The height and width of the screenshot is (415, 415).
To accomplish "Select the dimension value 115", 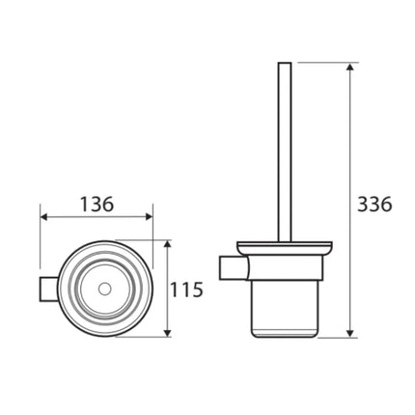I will (186, 289).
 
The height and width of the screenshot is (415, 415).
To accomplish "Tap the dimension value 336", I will (374, 205).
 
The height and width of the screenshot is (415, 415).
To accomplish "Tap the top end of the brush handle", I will (285, 65).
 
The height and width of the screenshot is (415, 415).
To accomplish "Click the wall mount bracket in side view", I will (235, 266).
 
